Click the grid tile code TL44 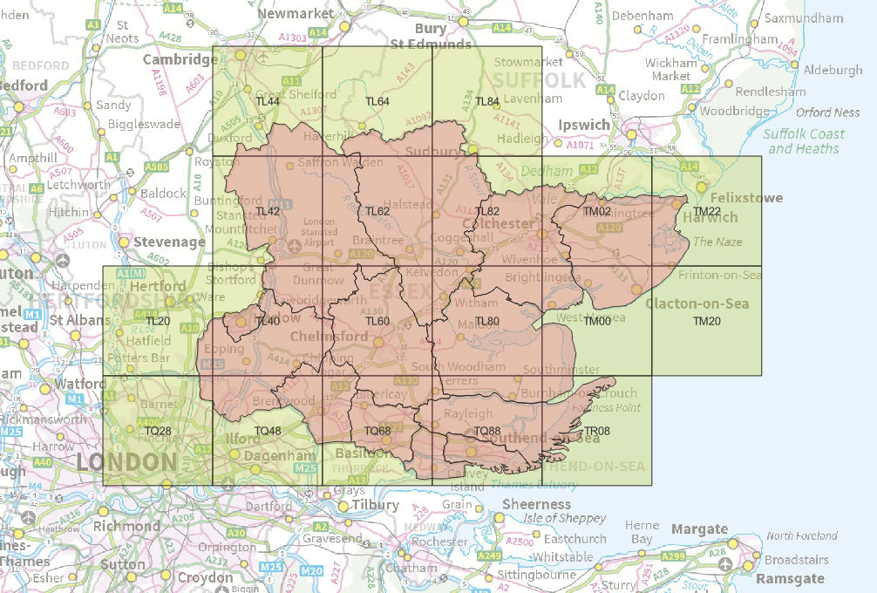pyautogui.click(x=267, y=102)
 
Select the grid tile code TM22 pyautogui.click(x=707, y=212)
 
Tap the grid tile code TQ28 pyautogui.click(x=158, y=431)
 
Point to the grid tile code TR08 pyautogui.click(x=596, y=431)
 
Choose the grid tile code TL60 pyautogui.click(x=377, y=321)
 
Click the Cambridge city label pyautogui.click(x=180, y=59)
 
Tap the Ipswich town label pyautogui.click(x=584, y=125)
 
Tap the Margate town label pyautogui.click(x=699, y=529)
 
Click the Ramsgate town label pyautogui.click(x=790, y=579)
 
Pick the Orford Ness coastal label pyautogui.click(x=827, y=112)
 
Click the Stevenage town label pyautogui.click(x=162, y=242)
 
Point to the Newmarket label pyautogui.click(x=296, y=14)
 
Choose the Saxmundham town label pyautogui.click(x=803, y=18)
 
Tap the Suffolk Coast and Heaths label pyautogui.click(x=804, y=141)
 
